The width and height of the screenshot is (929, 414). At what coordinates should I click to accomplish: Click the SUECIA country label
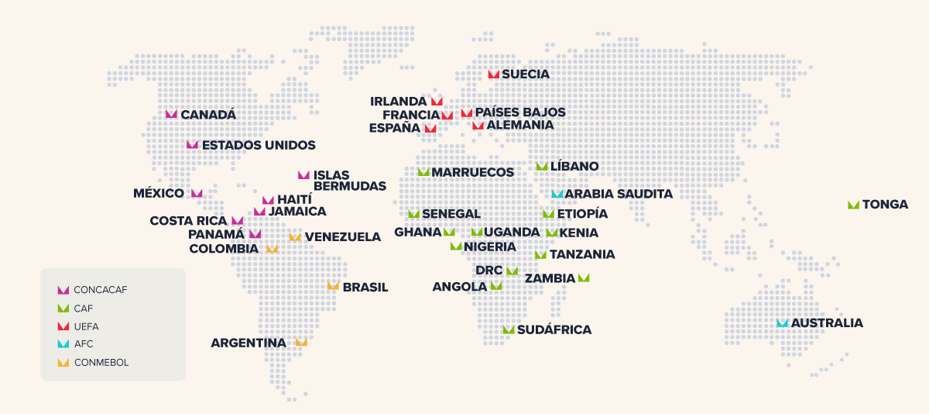pyautogui.click(x=526, y=74)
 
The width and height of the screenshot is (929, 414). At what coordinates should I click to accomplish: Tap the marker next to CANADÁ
pyautogui.click(x=171, y=114)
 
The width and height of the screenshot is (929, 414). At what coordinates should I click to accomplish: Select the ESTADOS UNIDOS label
pyautogui.click(x=259, y=145)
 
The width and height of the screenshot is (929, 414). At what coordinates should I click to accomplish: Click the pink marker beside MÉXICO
pyautogui.click(x=197, y=193)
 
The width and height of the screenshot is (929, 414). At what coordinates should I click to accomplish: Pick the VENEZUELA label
pyautogui.click(x=342, y=237)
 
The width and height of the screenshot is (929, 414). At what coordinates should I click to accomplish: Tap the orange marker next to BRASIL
pyautogui.click(x=333, y=286)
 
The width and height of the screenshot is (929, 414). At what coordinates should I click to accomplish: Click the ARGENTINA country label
pyautogui.click(x=249, y=343)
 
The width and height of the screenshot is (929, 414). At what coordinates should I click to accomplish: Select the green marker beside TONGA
pyautogui.click(x=853, y=205)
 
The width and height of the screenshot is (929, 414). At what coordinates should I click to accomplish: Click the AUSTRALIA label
pyautogui.click(x=827, y=323)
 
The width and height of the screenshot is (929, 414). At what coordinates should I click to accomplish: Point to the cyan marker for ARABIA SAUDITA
pyautogui.click(x=557, y=194)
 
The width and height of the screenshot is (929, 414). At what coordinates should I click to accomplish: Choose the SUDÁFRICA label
pyautogui.click(x=554, y=329)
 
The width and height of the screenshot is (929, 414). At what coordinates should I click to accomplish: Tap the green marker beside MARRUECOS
pyautogui.click(x=423, y=172)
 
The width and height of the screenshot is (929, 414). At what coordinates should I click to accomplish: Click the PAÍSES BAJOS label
pyautogui.click(x=520, y=112)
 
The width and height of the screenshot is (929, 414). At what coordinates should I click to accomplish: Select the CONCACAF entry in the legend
pyautogui.click(x=101, y=290)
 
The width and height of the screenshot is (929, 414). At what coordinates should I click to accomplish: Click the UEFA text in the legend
pyautogui.click(x=86, y=326)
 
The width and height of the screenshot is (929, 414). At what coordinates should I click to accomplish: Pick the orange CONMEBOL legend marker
pyautogui.click(x=63, y=362)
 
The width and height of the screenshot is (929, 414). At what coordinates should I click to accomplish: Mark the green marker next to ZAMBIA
pyautogui.click(x=584, y=278)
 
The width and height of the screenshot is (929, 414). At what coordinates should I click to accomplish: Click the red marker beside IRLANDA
pyautogui.click(x=437, y=102)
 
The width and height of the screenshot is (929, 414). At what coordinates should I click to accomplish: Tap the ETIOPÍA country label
pyautogui.click(x=582, y=214)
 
